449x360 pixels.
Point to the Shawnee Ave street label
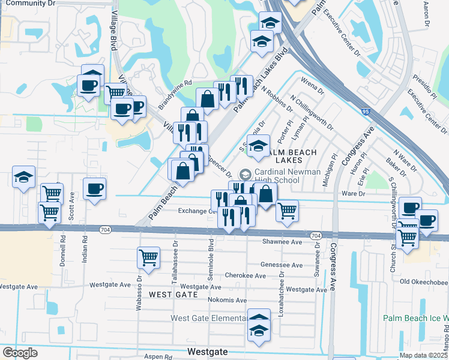click(282, 241)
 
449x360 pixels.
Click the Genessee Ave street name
click(282, 265)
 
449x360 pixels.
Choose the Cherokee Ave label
click(246, 276)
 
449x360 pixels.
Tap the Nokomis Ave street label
click(227, 300)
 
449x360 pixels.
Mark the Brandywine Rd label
click(174, 95)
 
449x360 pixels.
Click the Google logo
click(20, 352)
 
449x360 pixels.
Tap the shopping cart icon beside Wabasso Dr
click(148, 257)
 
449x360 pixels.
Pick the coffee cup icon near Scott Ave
click(95, 189)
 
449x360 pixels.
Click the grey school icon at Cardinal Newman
click(245, 175)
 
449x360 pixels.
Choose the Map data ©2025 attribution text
click(423, 355)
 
